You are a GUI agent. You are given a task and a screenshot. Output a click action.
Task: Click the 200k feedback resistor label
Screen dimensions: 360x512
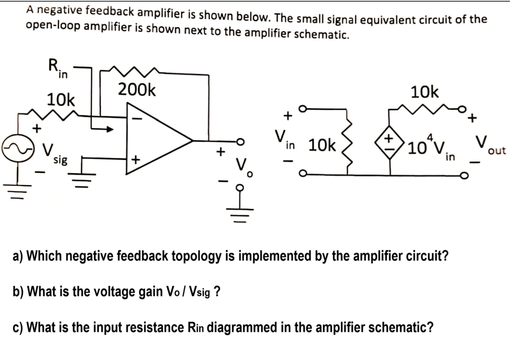tap(136, 89)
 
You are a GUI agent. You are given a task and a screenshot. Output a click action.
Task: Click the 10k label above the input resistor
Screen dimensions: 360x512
tap(61, 100)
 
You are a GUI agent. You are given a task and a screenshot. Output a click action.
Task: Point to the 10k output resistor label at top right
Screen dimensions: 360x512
tap(425, 92)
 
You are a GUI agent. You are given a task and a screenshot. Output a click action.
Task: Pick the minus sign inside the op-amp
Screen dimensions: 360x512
tap(135, 118)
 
